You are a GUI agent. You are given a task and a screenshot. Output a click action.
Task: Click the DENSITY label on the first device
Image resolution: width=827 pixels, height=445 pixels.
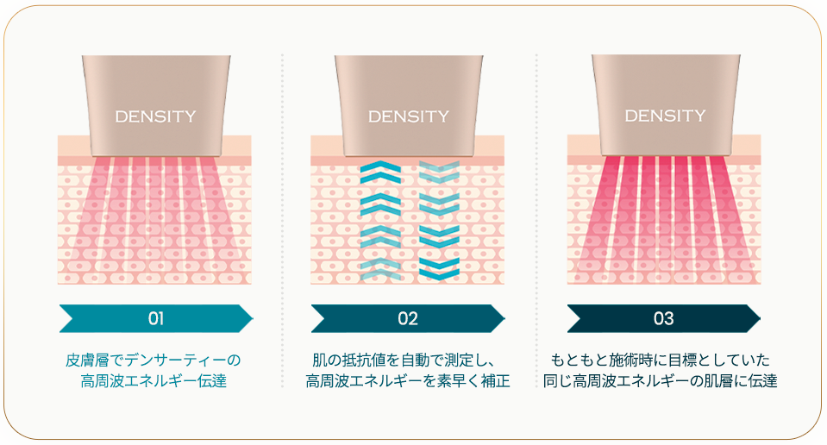coord(155,116)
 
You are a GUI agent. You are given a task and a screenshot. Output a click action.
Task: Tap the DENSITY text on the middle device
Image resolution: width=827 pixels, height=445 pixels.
coord(409,116)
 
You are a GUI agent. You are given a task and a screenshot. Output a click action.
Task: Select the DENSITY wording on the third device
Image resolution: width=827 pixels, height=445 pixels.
coord(665,116)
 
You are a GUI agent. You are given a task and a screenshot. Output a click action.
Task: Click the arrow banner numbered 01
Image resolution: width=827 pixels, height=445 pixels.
coord(156,318)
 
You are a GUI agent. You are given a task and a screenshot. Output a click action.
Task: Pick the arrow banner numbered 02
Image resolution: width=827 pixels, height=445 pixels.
coord(408,318)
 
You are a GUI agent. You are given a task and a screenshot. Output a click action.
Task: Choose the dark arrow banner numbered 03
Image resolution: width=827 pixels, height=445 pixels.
coord(664,318)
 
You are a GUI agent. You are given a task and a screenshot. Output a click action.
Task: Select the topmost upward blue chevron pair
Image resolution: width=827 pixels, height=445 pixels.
coord(380,173)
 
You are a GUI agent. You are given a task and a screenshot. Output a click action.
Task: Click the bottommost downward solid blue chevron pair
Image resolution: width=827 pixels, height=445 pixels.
coord(439,269)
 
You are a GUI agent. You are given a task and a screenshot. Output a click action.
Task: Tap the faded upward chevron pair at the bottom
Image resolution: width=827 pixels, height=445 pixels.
coord(380,269)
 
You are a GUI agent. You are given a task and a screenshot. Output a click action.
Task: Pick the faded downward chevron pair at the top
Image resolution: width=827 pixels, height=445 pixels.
coord(439,172)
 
